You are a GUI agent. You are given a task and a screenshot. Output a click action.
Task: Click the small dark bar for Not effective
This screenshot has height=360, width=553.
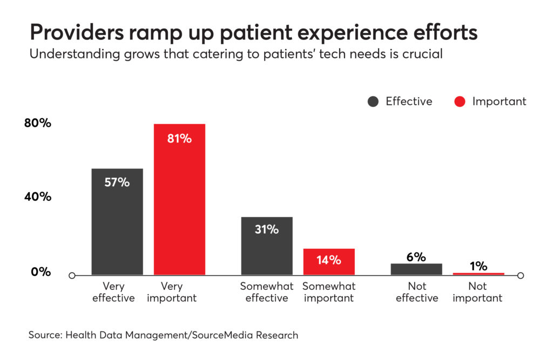[x=416, y=269]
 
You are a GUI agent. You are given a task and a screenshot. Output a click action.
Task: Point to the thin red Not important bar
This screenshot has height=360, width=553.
[x=478, y=274]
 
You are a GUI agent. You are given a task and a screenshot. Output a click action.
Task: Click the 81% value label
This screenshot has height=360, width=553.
[x=179, y=139]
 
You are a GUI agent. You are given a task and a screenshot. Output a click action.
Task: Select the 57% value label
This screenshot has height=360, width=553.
[x=117, y=182]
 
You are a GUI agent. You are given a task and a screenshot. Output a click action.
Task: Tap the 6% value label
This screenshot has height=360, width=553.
[x=416, y=257]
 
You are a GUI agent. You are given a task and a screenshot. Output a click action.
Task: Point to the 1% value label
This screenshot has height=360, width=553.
[x=478, y=266]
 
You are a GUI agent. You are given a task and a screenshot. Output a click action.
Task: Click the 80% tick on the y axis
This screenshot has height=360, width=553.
[x=38, y=123]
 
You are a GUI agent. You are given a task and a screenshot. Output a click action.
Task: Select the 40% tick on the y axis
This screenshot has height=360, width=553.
[x=38, y=197]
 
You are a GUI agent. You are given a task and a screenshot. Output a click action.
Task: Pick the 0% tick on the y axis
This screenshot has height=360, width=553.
[x=41, y=272]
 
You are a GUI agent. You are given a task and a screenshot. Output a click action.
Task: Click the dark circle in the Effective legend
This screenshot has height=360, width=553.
[x=373, y=101]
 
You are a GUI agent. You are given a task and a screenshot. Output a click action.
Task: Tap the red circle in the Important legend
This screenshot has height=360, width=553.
[x=460, y=101]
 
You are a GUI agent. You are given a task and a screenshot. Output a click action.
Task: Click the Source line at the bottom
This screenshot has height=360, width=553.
[x=163, y=335]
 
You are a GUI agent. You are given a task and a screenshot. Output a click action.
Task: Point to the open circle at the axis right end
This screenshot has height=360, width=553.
[x=520, y=276]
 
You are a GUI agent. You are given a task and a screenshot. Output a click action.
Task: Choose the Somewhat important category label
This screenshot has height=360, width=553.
[x=329, y=292]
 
